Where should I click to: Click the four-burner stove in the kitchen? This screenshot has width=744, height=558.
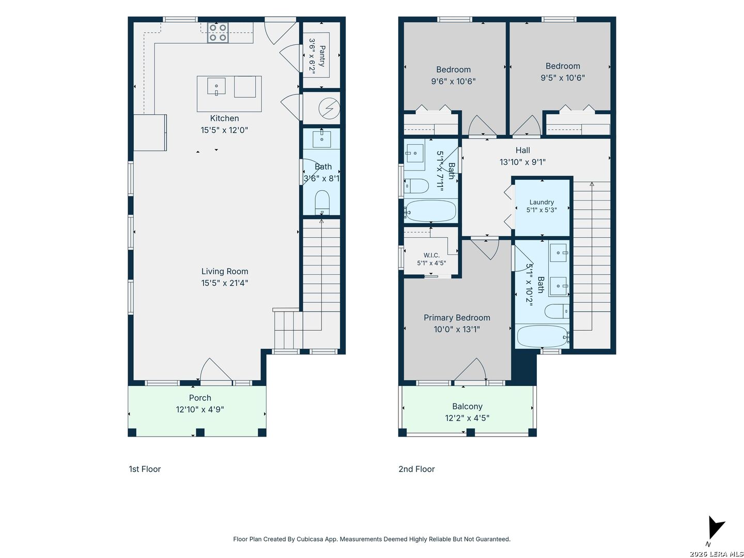(218, 33)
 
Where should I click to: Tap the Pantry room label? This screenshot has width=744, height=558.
(322, 56)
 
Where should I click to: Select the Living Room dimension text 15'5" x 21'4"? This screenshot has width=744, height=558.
(224, 283)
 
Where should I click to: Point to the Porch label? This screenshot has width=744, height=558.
(199, 397)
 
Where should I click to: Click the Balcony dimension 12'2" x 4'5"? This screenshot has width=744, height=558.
(467, 418)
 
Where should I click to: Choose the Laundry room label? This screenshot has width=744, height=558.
(541, 202)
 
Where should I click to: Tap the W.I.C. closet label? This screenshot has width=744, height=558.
(431, 255)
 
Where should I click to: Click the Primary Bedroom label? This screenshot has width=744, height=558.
(457, 317)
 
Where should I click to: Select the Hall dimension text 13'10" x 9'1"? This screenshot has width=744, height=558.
(522, 162)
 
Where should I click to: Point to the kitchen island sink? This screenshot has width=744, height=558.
(216, 86)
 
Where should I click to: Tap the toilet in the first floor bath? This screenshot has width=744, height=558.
(322, 203)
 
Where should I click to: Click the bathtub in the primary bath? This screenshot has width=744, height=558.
(542, 336)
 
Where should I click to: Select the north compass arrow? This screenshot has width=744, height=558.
(716, 528)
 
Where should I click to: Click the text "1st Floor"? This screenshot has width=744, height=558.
(145, 469)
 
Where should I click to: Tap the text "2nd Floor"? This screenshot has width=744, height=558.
(416, 469)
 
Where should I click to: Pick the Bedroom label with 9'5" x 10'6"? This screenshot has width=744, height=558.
(562, 66)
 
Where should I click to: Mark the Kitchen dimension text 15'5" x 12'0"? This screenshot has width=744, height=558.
(224, 130)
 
